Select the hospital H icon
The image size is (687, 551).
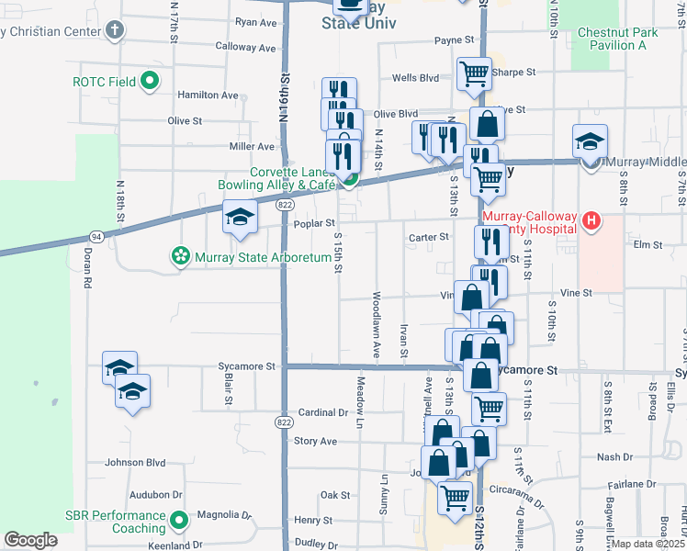click(591, 221)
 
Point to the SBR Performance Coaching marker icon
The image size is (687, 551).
click(177, 522)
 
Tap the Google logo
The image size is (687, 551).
click(30, 540)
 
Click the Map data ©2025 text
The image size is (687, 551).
click(648, 544)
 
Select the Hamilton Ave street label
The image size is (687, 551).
click(208, 96)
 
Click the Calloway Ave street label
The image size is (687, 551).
click(245, 47)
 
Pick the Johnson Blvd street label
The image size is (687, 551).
click(135, 462)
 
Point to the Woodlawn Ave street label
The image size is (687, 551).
click(377, 326)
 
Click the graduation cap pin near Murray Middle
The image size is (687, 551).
click(590, 142)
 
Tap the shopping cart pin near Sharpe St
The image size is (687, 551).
click(473, 73)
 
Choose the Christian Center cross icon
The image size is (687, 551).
click(114, 31)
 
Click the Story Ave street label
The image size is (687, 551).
click(315, 441)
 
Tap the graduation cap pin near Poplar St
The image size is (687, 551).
click(240, 217)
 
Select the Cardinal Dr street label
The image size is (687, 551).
click(324, 413)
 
